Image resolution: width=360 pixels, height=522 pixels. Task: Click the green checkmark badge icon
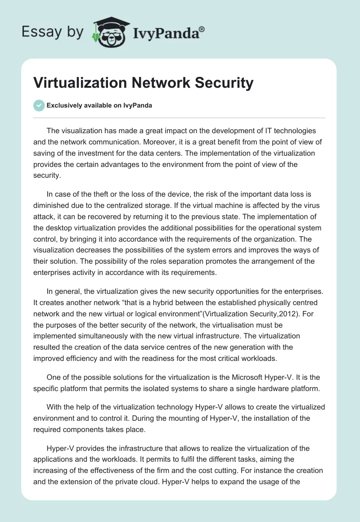click(x=39, y=105)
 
